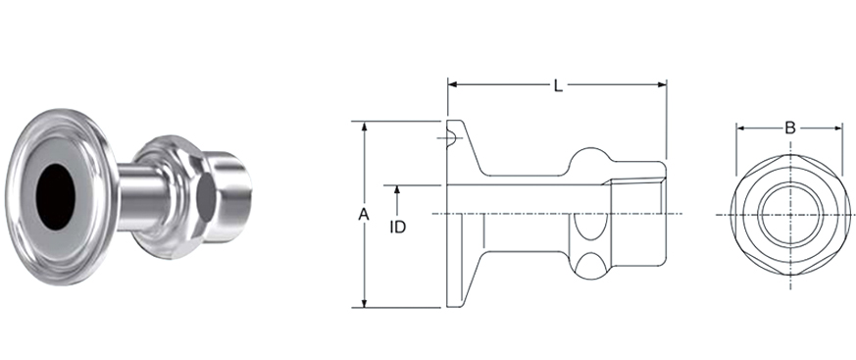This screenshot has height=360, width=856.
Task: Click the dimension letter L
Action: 558,85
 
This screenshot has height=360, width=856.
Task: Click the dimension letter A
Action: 364,215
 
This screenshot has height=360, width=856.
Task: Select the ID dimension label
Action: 398,227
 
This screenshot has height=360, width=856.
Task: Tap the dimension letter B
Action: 790,129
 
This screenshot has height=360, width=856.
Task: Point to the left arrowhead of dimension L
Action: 452,84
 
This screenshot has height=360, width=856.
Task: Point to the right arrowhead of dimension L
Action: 662,84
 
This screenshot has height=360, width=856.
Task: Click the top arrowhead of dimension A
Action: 365,126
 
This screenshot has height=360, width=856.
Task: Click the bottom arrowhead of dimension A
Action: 365,303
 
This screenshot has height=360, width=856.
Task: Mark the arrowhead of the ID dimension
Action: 397,190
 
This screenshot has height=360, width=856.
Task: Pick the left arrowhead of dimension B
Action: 741,129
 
